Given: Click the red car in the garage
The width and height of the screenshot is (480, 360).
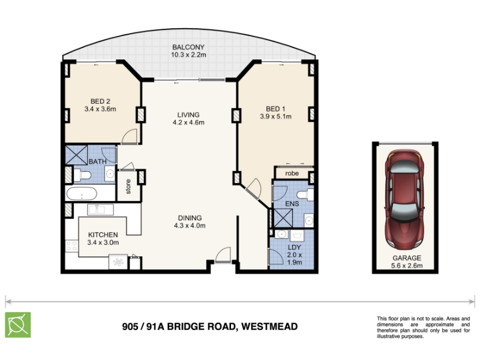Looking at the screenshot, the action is click(x=404, y=199).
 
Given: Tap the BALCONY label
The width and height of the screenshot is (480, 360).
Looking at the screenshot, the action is click(x=188, y=47).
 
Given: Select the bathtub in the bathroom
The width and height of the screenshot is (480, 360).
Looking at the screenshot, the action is click(x=82, y=193).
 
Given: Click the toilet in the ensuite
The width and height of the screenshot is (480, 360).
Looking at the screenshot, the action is click(x=305, y=194).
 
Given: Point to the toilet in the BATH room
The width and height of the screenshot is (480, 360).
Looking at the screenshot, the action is click(x=82, y=175).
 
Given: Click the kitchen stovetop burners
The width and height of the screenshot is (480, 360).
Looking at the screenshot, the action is click(x=71, y=245).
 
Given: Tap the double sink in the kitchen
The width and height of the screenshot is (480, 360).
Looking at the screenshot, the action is click(x=100, y=209).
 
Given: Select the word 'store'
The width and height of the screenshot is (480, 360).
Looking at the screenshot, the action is click(x=128, y=187).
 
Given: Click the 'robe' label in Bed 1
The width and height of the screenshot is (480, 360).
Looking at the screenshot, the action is click(x=292, y=173).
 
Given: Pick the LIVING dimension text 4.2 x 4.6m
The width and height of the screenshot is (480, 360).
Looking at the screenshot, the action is click(x=188, y=122).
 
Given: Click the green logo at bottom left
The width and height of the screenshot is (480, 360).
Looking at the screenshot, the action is click(x=18, y=325).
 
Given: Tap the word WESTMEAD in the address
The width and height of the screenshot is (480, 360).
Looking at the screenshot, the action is click(x=269, y=326).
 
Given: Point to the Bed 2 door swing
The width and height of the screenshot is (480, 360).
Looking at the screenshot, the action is click(x=129, y=136).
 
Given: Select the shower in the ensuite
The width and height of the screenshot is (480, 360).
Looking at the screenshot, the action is click(x=283, y=218).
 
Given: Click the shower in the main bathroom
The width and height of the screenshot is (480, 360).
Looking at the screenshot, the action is click(x=77, y=155).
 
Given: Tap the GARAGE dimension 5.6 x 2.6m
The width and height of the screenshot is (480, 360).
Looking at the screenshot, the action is click(x=407, y=265).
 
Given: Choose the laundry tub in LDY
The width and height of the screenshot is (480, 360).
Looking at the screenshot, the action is click(x=296, y=235).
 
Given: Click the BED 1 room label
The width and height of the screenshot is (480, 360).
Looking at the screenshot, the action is click(x=275, y=109).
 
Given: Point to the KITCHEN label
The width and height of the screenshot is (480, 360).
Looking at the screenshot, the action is click(x=103, y=235).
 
